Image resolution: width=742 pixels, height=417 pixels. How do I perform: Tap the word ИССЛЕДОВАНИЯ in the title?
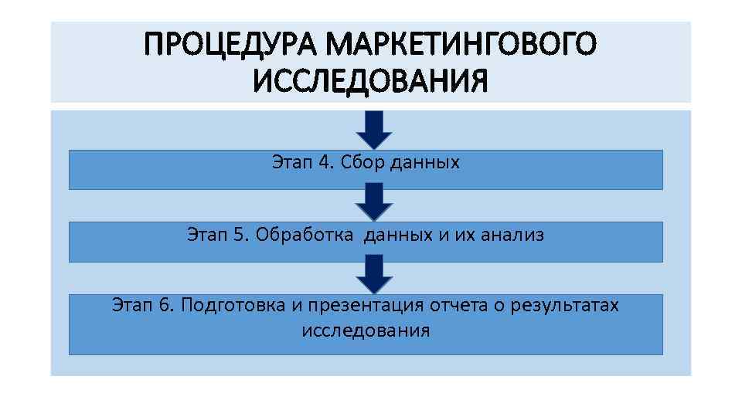[370, 80]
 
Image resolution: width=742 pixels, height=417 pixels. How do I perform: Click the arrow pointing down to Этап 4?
[374, 129]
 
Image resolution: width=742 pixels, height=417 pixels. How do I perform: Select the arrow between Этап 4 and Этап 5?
[374, 202]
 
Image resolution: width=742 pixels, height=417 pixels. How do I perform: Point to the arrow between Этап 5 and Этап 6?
[374, 274]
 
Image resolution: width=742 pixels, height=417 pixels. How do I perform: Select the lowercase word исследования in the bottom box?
[365, 331]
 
